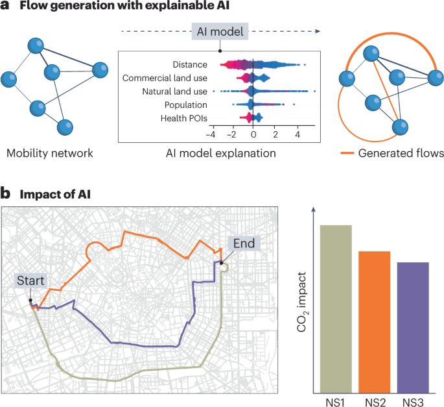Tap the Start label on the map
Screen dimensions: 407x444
pos(30,281)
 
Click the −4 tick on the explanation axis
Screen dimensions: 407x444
pos(208,134)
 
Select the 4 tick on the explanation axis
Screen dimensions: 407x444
pos(298,134)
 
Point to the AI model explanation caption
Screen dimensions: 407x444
pos(221,154)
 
